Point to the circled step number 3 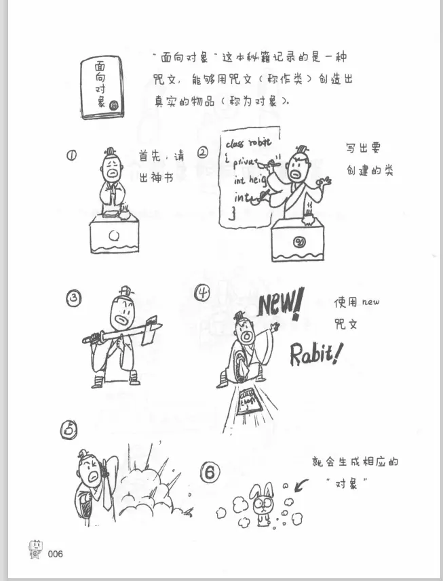pos(74,298)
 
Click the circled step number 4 pos(203,293)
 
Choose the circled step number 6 pos(212,473)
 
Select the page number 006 pos(56,554)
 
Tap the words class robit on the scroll pos(247,143)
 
